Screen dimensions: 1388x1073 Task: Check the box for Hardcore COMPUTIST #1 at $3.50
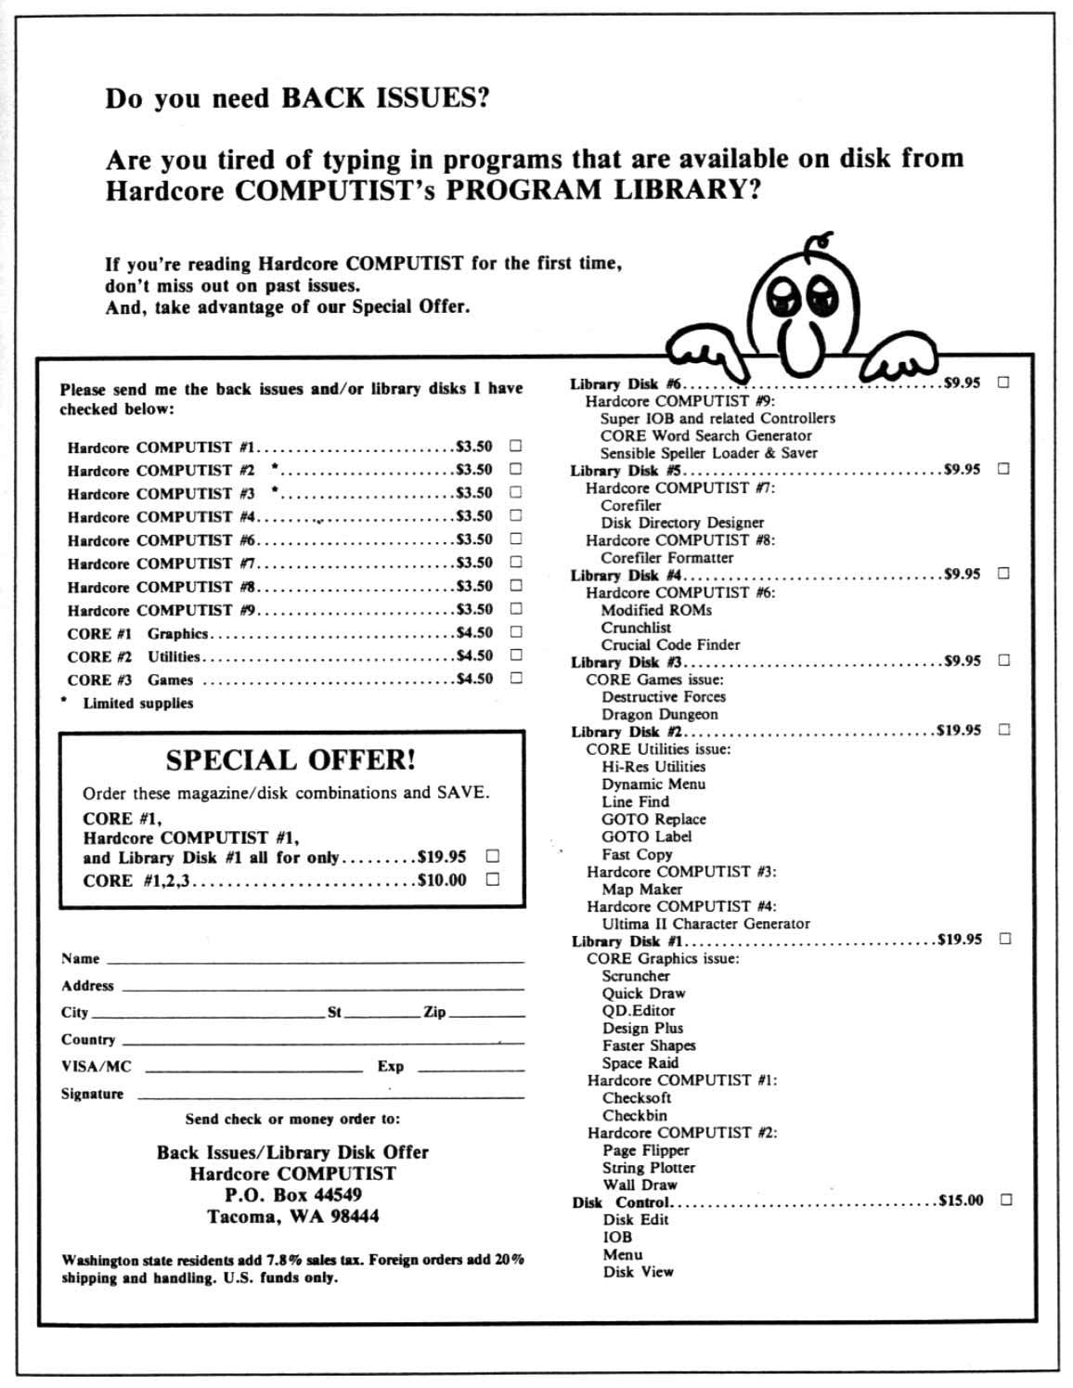point(515,446)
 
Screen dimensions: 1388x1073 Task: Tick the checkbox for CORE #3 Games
point(516,678)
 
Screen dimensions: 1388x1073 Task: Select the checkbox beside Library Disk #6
point(1003,383)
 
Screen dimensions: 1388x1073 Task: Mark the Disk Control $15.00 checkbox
point(1006,1200)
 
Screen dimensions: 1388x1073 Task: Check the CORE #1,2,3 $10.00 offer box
point(493,879)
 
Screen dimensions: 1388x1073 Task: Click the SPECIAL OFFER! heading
point(291,759)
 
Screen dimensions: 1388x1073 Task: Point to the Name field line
point(316,959)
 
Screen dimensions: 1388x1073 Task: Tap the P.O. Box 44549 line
point(292,1194)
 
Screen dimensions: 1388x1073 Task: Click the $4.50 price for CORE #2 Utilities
point(474,655)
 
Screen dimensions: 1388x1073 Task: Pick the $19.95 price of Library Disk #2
point(959,731)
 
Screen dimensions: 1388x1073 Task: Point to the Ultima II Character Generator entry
point(705,924)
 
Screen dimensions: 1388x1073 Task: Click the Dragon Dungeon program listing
point(659,714)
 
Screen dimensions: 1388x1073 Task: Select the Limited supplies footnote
point(137,703)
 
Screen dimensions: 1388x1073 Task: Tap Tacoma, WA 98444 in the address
point(292,1216)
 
